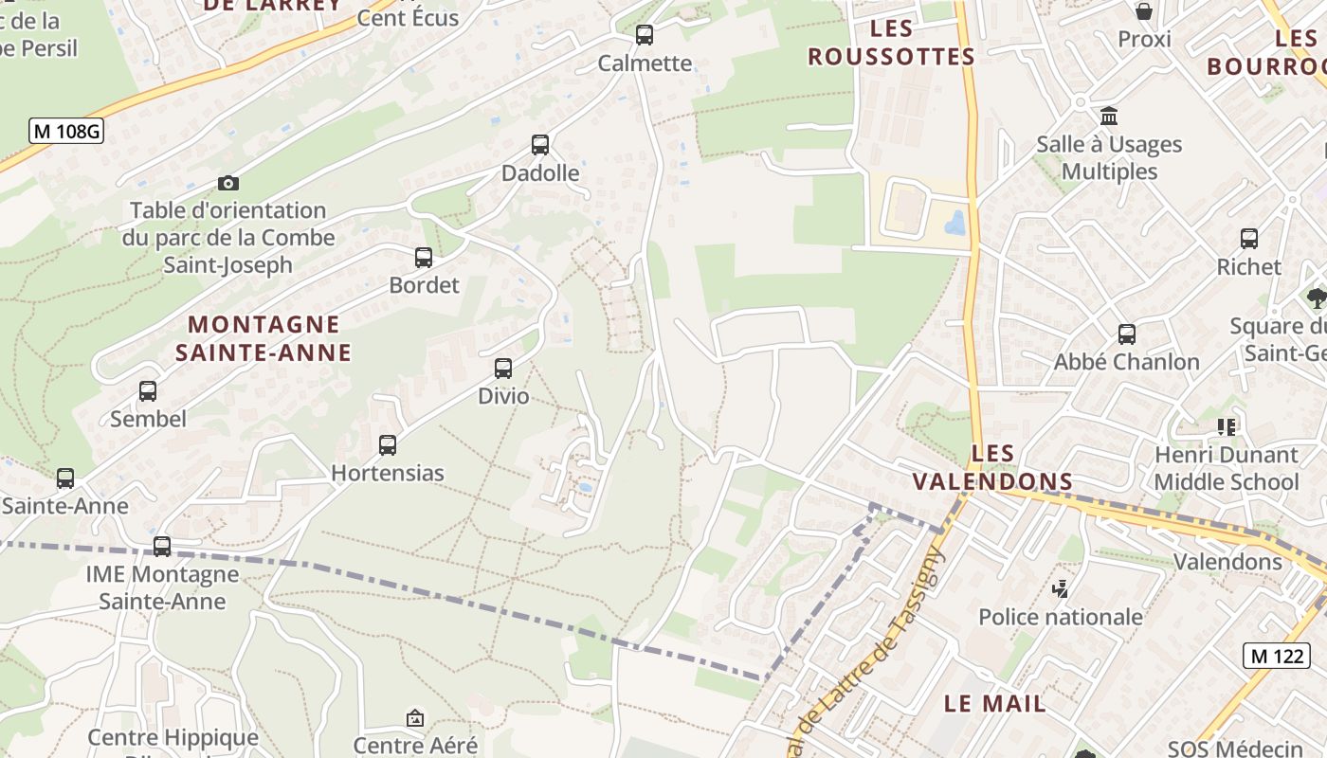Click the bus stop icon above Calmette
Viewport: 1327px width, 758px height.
[645, 35]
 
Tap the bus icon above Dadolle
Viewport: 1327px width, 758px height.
[540, 145]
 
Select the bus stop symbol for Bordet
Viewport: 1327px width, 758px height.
[424, 257]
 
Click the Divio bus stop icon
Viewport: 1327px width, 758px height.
[503, 369]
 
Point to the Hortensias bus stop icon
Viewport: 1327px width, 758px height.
[388, 444]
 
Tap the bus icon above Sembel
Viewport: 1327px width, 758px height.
[148, 390]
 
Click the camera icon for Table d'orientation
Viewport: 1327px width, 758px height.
[228, 183]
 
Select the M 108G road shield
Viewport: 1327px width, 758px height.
[65, 131]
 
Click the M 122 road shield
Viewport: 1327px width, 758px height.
[1276, 655]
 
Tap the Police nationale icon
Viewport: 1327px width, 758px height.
[1061, 589]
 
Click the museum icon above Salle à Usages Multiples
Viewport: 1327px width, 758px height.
[1108, 117]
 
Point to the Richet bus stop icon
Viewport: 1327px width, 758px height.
[1249, 239]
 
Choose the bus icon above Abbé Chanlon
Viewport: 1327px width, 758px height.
[1127, 334]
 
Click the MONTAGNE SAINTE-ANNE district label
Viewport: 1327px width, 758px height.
[264, 338]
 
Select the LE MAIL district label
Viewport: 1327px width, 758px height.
[995, 703]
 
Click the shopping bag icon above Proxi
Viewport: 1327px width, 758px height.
[1144, 11]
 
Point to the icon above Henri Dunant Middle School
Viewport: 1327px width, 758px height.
[1227, 427]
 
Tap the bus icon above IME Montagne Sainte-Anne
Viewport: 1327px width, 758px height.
[162, 546]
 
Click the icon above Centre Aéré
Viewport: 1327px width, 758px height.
[414, 718]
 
